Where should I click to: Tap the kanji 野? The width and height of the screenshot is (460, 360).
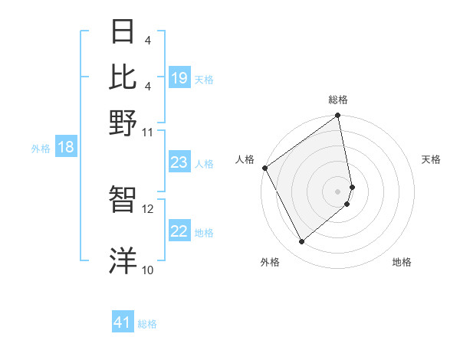coord(123,122)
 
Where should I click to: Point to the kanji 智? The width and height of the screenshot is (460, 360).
coord(123,200)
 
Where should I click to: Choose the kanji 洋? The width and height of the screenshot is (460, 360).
coord(123,260)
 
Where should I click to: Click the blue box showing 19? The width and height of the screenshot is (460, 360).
coord(179,78)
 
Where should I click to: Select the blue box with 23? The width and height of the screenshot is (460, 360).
coord(179,162)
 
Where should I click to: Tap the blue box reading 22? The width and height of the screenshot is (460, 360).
coord(179,231)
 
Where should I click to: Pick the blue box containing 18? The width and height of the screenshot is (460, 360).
coord(65,148)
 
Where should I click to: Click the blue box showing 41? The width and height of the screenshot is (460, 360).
coord(123,323)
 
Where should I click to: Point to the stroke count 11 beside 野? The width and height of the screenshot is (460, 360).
coord(147,132)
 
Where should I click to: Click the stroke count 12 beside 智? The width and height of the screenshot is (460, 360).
coord(148,208)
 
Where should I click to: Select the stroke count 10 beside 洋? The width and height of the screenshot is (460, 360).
coord(147,270)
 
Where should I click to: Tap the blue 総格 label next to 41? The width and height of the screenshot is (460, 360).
coord(147,324)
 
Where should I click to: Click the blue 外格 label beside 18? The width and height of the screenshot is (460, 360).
coord(40,149)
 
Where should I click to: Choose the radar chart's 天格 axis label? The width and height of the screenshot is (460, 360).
coord(431,159)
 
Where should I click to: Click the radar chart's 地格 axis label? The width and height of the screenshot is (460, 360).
coord(402,262)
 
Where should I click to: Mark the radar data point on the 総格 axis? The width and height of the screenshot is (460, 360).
coord(337,116)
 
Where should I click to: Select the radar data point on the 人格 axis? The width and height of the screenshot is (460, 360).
coord(264,168)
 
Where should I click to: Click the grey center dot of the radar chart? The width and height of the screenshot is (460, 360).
coord(337,191)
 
